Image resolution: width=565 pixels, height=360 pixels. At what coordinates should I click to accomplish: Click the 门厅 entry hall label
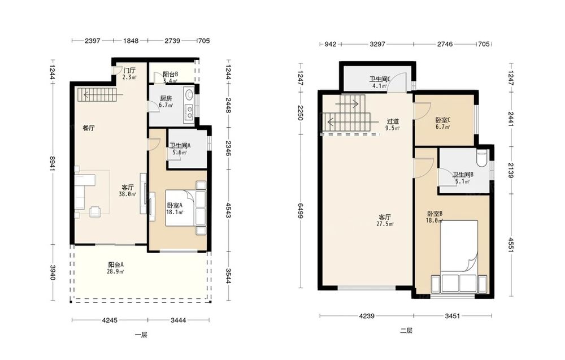coord(129,70)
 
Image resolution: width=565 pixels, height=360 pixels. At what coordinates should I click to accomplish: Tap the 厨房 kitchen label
coord(166,98)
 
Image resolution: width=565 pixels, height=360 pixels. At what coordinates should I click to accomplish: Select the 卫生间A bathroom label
coord(180,146)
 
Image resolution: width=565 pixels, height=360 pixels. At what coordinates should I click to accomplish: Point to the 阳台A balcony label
coord(116,264)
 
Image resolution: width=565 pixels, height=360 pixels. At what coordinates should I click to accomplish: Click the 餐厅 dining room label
coord(89,128)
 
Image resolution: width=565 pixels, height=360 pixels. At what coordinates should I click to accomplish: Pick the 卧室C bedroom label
coord(443,120)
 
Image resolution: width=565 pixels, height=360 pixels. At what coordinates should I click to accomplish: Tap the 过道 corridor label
coord(393,122)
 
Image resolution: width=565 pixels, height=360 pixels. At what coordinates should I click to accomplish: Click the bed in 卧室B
coord(459,256)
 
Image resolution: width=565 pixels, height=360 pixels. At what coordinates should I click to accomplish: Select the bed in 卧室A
coord(185,208)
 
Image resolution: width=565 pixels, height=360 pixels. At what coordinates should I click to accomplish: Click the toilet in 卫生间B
coord(481,158)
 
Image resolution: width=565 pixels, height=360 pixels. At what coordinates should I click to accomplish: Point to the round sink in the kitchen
coord(189,94)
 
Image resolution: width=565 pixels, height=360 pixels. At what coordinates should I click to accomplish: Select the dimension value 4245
coord(110,320)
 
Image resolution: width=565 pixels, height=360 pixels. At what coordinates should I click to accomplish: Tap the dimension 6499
coord(301,211)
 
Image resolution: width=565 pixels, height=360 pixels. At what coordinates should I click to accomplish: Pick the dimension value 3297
coord(377,44)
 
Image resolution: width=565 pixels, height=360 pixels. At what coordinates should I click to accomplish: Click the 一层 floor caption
coord(141,335)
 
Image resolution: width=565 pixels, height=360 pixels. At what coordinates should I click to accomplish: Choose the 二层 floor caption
coord(406,331)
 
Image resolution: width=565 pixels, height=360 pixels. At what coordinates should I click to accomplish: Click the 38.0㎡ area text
coord(128,194)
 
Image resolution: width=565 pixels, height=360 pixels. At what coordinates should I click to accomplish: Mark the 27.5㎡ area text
coord(385,224)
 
